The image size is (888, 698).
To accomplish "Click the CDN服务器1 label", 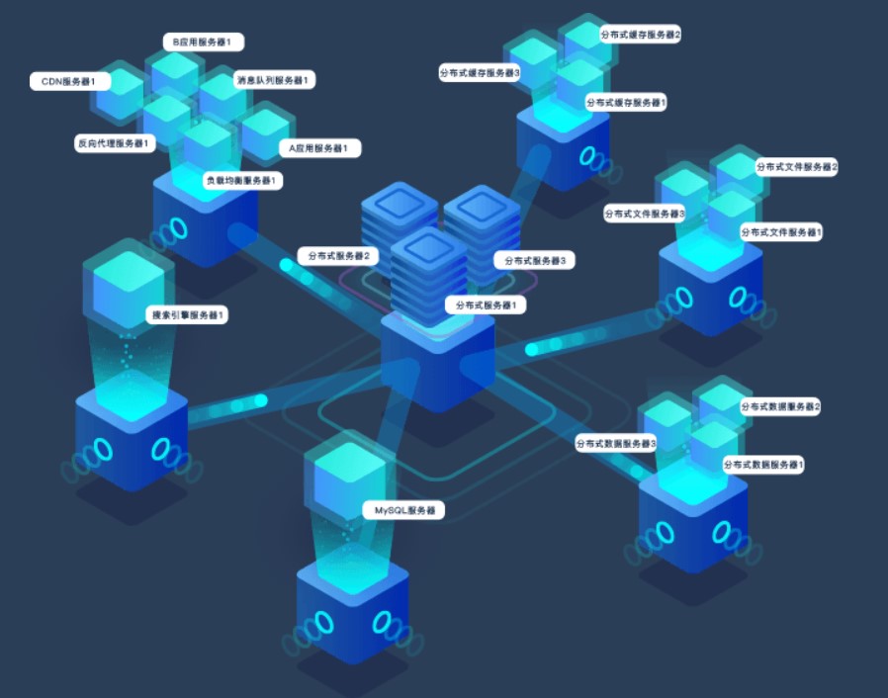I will [68, 81].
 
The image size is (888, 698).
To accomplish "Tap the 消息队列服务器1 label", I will [272, 79].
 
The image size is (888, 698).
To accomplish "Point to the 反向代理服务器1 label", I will [114, 143].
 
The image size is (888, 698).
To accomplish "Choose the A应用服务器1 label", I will [319, 148].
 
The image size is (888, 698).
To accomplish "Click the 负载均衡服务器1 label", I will [242, 181].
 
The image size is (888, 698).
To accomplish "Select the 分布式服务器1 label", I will [486, 305].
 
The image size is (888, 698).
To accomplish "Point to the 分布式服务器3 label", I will [534, 261].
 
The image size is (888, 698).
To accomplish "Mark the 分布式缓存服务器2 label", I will [641, 35].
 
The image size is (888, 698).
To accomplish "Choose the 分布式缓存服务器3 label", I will [480, 72].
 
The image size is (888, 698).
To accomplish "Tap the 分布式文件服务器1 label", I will [781, 231].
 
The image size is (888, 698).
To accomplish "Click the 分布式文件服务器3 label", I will [645, 213].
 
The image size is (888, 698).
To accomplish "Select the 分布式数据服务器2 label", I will [780, 406].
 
